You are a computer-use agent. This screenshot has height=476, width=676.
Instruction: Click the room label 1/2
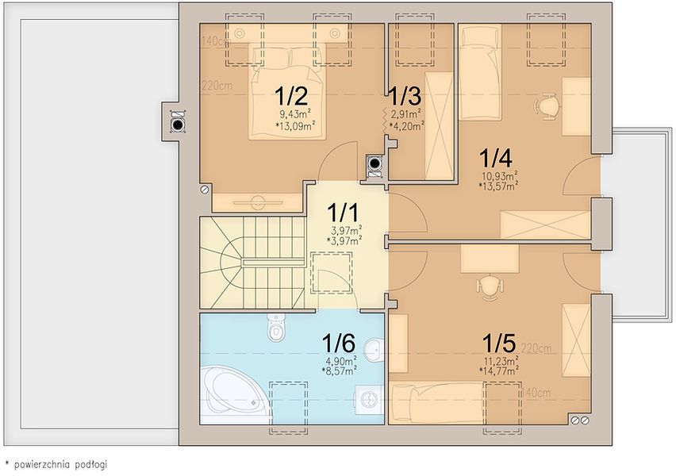291,96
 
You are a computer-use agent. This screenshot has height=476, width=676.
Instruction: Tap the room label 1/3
405,96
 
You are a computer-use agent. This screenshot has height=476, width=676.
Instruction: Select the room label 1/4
496,158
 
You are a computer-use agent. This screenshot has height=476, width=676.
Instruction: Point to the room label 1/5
499,344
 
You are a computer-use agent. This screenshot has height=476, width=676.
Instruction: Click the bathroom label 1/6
339,344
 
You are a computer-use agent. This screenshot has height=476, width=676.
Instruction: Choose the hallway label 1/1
344,212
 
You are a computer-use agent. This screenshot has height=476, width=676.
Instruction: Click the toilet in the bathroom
276,327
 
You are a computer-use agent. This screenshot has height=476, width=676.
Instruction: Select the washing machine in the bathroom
369,400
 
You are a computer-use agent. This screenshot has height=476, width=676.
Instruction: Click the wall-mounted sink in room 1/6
374,349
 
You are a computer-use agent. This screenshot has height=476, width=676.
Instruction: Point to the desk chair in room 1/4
547,106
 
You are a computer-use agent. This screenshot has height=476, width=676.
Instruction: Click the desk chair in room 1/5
490,287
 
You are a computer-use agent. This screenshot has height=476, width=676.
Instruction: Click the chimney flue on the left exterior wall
178,125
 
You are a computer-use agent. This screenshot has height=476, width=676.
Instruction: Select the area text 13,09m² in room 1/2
295,126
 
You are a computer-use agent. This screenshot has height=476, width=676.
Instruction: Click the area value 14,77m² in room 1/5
499,370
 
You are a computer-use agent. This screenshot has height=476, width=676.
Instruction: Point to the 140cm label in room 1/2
216,41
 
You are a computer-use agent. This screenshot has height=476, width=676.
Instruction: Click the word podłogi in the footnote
90,465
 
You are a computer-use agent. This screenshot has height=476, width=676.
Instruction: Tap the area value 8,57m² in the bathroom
339,370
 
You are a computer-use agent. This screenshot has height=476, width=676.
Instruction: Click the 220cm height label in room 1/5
536,348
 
